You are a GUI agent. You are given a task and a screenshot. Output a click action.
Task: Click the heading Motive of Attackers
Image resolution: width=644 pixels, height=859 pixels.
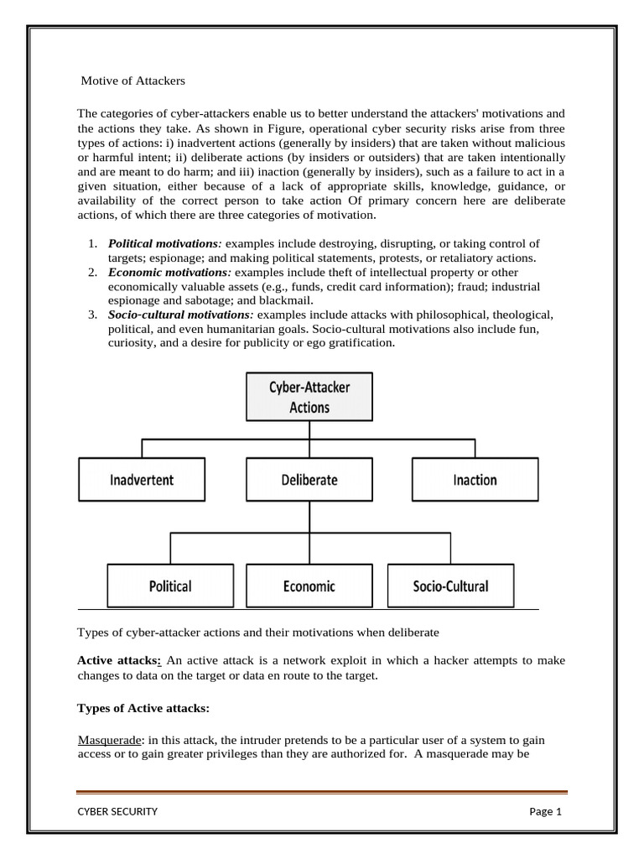tap(132, 81)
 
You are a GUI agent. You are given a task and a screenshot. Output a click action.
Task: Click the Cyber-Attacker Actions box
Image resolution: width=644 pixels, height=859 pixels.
tap(309, 397)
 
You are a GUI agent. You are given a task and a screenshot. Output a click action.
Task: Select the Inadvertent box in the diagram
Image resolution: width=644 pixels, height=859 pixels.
tap(142, 480)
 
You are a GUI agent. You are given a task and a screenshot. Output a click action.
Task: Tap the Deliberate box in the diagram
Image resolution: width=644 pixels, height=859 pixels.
tap(309, 480)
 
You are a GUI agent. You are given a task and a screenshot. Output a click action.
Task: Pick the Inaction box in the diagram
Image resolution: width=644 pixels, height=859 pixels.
tap(475, 480)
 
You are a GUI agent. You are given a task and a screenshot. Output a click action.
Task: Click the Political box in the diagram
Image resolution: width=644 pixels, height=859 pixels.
tap(170, 586)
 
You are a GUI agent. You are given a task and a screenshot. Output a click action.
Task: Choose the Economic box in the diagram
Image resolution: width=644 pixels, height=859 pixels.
tap(309, 586)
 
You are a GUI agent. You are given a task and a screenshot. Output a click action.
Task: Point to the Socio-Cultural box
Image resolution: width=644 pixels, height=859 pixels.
tap(450, 586)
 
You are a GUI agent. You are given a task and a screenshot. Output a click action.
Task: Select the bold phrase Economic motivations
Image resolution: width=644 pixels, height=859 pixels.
tap(169, 273)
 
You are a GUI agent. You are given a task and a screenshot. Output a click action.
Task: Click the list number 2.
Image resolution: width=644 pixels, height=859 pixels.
tap(92, 273)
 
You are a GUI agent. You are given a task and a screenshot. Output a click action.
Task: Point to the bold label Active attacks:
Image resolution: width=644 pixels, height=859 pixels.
tap(119, 660)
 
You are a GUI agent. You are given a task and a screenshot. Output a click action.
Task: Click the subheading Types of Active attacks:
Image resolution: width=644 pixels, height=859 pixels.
tap(143, 708)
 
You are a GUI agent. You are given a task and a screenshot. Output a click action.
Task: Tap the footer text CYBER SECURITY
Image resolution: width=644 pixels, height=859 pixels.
tap(117, 811)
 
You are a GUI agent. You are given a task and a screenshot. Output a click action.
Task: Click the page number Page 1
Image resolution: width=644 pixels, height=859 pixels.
tap(545, 811)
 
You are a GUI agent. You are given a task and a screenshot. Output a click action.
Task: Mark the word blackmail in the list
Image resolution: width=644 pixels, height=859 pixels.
tap(285, 299)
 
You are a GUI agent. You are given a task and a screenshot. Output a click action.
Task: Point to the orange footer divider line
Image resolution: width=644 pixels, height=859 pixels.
tap(322, 791)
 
